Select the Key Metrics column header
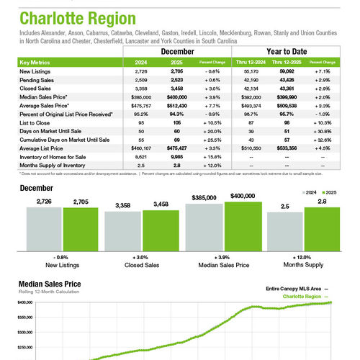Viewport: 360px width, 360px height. click(36, 63)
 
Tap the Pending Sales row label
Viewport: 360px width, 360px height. click(38, 80)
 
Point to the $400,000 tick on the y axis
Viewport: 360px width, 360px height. click(23, 303)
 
